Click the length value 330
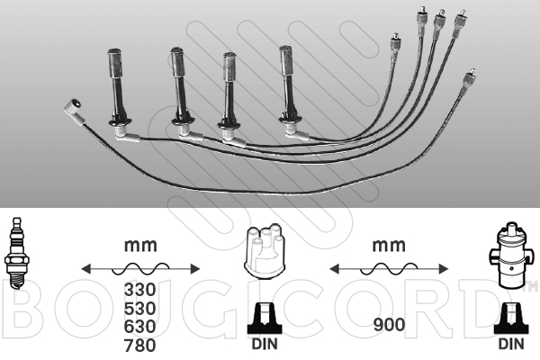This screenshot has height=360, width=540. click(140, 292)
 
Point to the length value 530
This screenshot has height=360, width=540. click(140, 309)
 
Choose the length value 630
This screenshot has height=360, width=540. click(140, 327)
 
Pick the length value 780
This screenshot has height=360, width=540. click(140, 345)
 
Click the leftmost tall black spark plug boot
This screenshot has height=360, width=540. click(117, 85)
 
